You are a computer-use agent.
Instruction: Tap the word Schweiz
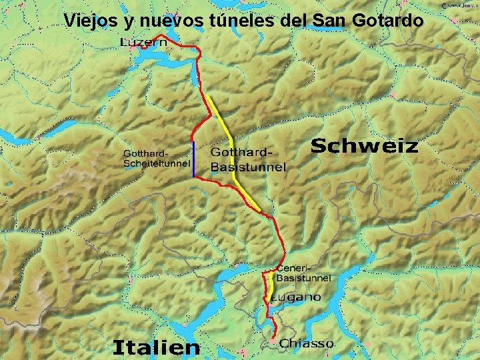(365, 146)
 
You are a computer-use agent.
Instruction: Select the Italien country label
(156, 347)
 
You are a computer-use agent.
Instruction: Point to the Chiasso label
(307, 343)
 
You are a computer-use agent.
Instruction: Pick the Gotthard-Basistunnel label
(247, 160)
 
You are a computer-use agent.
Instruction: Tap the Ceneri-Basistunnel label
(303, 272)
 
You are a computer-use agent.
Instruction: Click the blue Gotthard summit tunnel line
(193, 160)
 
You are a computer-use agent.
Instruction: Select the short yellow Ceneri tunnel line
(272, 283)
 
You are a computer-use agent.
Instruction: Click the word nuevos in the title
(174, 21)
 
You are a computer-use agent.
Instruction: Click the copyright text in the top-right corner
(459, 5)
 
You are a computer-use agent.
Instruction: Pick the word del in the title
(295, 21)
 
